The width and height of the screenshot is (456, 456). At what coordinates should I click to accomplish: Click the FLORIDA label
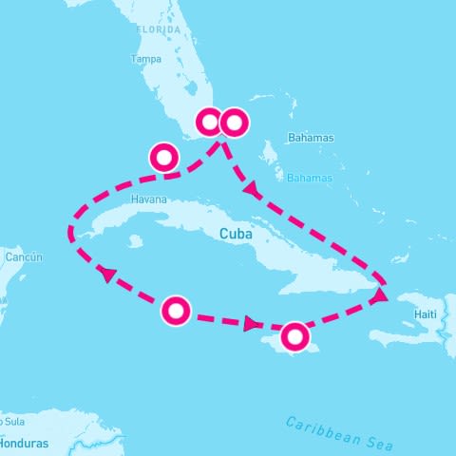(x=158, y=29)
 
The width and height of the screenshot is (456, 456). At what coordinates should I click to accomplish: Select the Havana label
(x=150, y=199)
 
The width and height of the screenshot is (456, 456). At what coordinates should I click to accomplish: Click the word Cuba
(x=235, y=234)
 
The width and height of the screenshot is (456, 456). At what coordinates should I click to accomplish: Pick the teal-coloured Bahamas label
(x=310, y=178)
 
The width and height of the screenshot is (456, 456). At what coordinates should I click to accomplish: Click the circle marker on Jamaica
(x=295, y=335)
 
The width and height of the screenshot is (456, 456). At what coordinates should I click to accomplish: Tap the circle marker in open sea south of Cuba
(x=176, y=311)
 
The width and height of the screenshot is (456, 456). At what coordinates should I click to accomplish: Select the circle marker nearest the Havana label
(x=163, y=157)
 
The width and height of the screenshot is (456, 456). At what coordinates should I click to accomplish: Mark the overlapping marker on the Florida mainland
(x=209, y=123)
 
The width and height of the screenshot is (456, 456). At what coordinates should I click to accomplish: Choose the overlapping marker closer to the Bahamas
(x=234, y=123)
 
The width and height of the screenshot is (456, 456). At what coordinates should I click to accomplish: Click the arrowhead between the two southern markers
(x=252, y=324)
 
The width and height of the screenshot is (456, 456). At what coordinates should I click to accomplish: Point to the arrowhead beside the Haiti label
(x=379, y=296)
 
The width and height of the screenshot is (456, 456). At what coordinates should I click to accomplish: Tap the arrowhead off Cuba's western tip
(x=107, y=274)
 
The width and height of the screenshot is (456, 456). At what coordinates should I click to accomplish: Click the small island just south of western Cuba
(x=135, y=241)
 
